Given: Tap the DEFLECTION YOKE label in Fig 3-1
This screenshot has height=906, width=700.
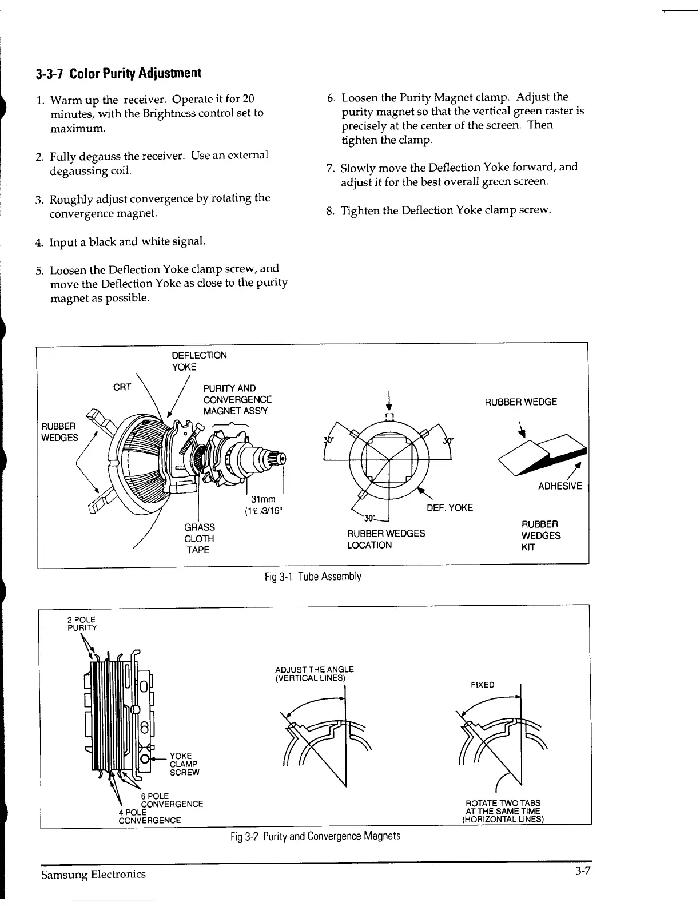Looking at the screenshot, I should pyautogui.click(x=199, y=361).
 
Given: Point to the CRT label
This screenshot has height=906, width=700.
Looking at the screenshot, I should pyautogui.click(x=122, y=387).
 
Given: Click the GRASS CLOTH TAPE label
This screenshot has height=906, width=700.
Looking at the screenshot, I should pyautogui.click(x=199, y=538).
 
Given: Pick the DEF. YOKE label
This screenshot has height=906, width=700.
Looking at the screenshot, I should pyautogui.click(x=450, y=508).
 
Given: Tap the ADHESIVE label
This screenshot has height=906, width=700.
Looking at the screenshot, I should pyautogui.click(x=560, y=486).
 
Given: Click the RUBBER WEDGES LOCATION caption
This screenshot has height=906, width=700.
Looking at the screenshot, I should pyautogui.click(x=386, y=539).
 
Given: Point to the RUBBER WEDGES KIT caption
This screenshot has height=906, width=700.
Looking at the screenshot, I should pyautogui.click(x=540, y=535).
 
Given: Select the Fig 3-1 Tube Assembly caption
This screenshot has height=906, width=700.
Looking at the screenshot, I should pyautogui.click(x=313, y=576).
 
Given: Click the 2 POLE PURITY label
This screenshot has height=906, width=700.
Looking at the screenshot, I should pyautogui.click(x=82, y=623).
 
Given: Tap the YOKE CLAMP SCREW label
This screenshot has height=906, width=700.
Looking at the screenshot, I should pyautogui.click(x=185, y=764).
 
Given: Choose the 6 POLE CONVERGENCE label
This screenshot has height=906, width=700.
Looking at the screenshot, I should pyautogui.click(x=170, y=800).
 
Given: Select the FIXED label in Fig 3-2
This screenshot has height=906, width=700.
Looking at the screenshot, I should pyautogui.click(x=482, y=685).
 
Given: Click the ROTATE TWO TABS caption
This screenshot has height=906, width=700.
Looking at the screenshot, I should pyautogui.click(x=503, y=810).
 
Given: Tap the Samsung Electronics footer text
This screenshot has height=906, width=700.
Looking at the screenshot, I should pyautogui.click(x=93, y=874).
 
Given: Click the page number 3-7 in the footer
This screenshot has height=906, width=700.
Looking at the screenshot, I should pyautogui.click(x=583, y=871).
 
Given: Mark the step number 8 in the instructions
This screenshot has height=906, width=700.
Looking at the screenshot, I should pyautogui.click(x=330, y=211).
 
